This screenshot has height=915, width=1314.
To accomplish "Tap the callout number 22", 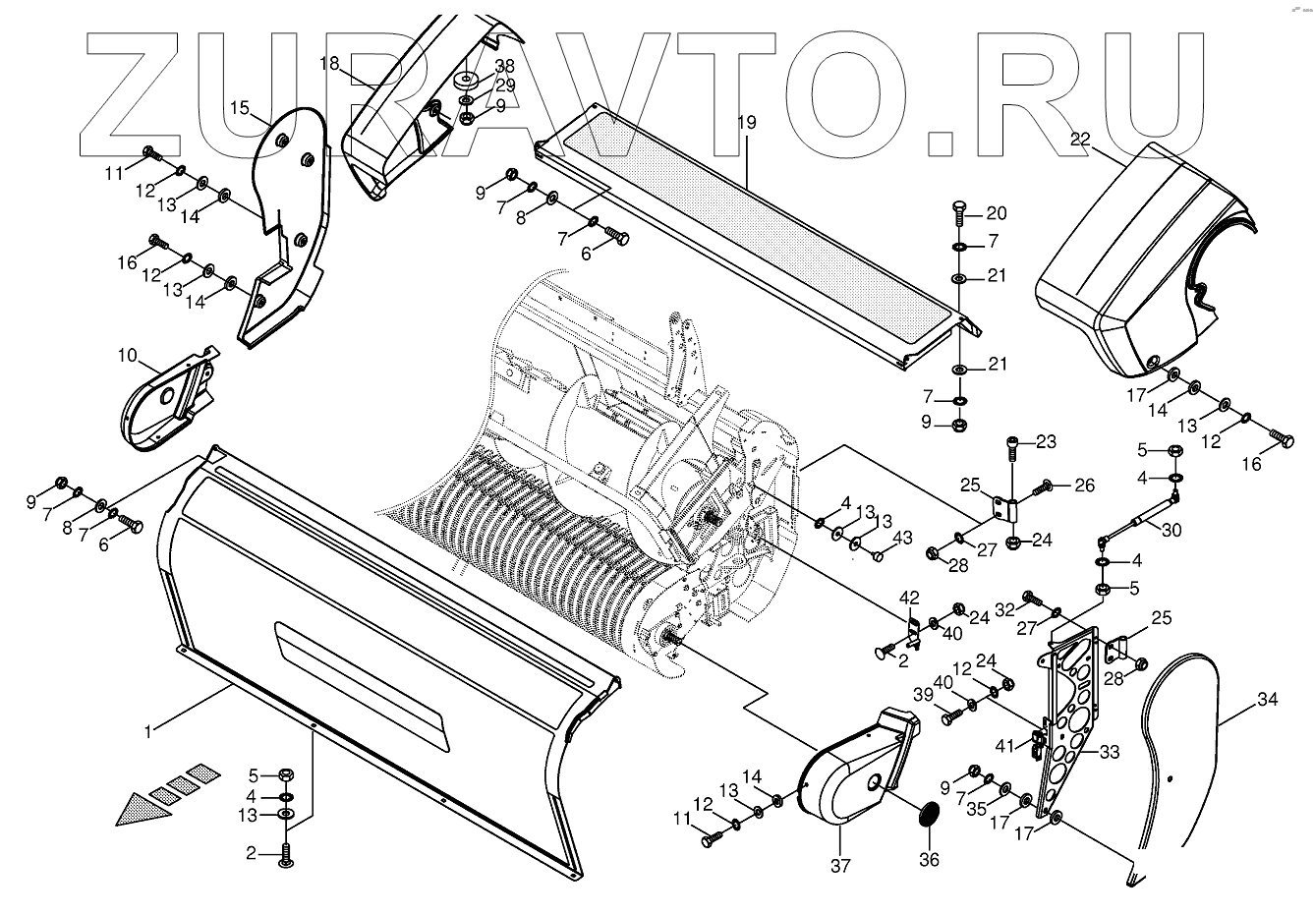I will click(x=1080, y=142).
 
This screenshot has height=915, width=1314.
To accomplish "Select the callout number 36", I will click(x=928, y=860).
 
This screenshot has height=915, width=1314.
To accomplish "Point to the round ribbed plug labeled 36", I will click(x=928, y=816).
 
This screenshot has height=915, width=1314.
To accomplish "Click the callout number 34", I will click(x=1268, y=701).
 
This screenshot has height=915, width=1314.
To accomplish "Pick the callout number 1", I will click(x=147, y=730).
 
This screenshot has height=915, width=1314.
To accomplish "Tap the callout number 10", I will click(x=129, y=354).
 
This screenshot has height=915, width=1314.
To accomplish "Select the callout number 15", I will click(x=240, y=107).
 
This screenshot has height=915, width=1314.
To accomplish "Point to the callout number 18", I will click(x=328, y=63).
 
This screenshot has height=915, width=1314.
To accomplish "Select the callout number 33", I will click(x=1110, y=753).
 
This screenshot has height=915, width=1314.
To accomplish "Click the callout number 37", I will click(x=841, y=866).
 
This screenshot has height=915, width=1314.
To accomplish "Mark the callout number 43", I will click(x=902, y=539).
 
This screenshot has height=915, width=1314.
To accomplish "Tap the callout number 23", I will click(x=1045, y=441).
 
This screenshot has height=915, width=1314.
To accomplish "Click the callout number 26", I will click(x=1084, y=485).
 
